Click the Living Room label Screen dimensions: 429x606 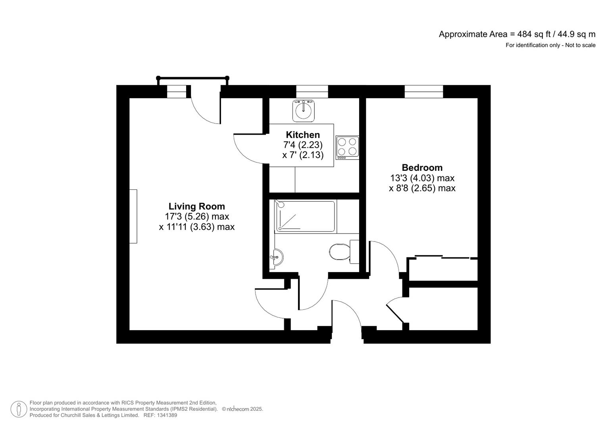tap(196, 206)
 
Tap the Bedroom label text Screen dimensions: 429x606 tap(422, 168)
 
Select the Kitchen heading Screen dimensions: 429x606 tap(303, 135)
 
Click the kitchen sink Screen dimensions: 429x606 tap(304, 111)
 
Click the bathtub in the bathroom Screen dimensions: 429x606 tap(305, 217)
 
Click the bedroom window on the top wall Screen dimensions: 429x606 tap(423, 91)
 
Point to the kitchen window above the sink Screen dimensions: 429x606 tap(312, 91)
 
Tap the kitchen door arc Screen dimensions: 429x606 tap(248, 149)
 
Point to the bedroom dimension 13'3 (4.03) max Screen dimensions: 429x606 tap(422, 178)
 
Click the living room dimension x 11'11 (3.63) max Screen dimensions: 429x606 tap(196, 227)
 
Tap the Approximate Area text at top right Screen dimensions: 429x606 tap(517, 34)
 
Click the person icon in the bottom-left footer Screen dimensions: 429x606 tap(19, 409)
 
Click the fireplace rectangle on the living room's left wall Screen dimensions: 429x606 tap(133, 216)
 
